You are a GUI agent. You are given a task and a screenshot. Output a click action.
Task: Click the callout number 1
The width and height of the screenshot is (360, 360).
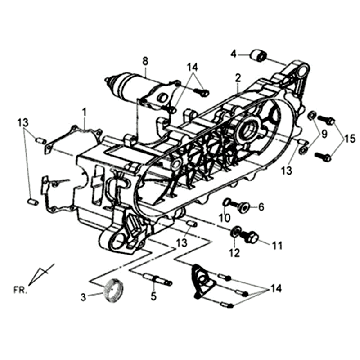(85, 113)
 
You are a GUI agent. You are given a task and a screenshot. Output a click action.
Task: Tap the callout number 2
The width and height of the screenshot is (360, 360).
(238, 77)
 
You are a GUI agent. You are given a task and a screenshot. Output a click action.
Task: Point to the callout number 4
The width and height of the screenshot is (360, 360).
(233, 53)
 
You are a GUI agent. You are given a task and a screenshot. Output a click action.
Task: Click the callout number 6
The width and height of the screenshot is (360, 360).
(261, 207)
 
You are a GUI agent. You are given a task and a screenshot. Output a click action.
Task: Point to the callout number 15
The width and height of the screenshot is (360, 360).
(348, 136)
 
